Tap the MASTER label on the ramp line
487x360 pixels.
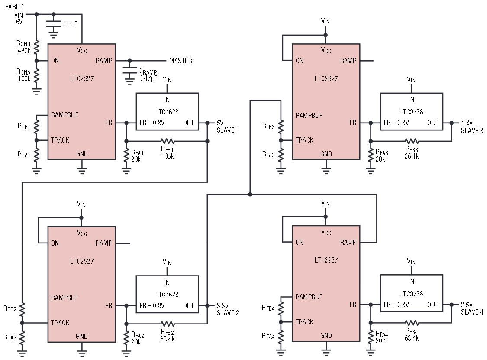181,61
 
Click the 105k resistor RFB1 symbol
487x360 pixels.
167,141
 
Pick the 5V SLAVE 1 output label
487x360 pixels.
228,126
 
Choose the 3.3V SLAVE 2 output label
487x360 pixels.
228,309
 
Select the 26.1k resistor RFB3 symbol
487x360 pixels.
412,141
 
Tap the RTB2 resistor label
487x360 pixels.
10,309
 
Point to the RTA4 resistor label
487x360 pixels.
268,336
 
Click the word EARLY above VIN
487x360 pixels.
14,6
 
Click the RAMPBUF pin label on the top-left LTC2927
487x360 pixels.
65,115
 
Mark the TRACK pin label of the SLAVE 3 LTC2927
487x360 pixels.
304,140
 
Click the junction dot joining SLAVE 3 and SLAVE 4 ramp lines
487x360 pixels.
250,195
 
